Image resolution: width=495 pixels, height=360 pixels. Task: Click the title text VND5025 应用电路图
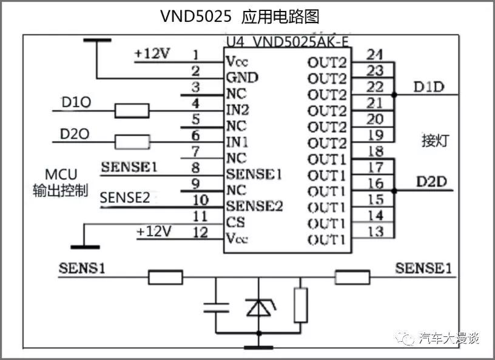click(x=239, y=16)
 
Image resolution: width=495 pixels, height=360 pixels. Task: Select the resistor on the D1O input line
click(x=132, y=111)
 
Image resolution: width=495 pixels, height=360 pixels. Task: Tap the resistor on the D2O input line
click(x=132, y=142)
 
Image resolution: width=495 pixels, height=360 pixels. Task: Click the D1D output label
click(x=428, y=87)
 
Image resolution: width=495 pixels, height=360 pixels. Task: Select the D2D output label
click(x=433, y=181)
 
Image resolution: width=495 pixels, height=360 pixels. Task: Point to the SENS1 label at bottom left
click(x=82, y=267)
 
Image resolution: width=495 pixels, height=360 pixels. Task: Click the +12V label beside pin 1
click(x=152, y=53)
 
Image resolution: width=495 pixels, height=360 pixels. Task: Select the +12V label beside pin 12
click(x=153, y=231)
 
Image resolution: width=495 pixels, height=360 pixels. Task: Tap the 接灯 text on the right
click(x=435, y=141)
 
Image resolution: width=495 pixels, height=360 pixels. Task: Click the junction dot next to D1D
click(x=394, y=95)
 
